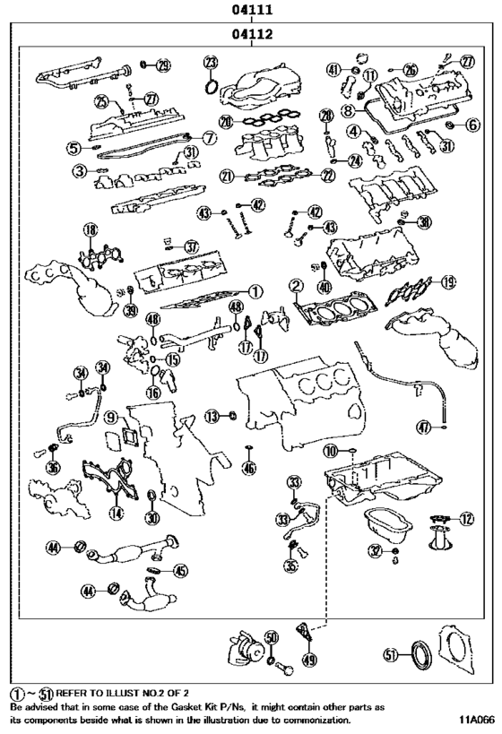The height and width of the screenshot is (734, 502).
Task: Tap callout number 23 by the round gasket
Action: (211, 62)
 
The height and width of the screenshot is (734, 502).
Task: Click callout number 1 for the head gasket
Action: (255, 291)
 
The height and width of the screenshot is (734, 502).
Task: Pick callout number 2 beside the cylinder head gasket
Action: (294, 287)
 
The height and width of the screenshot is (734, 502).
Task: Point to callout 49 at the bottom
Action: (310, 661)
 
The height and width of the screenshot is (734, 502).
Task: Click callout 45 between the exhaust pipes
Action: (180, 570)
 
